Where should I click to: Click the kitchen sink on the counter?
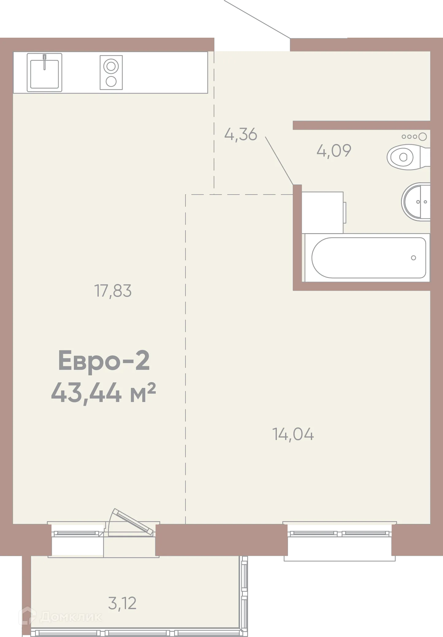coord(44,73)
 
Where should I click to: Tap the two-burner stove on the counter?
coord(111,73)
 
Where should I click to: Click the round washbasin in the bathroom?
coord(417,202)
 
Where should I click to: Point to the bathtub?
coord(368,258)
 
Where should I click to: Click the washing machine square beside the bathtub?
coord(323,212)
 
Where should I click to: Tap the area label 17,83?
coord(113,291)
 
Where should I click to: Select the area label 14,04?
coord(293,434)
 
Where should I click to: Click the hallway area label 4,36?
coord(241,134)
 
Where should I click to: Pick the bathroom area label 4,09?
coord(334,150)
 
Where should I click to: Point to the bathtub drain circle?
coord(413,258)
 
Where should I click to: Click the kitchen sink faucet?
coord(44,61)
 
